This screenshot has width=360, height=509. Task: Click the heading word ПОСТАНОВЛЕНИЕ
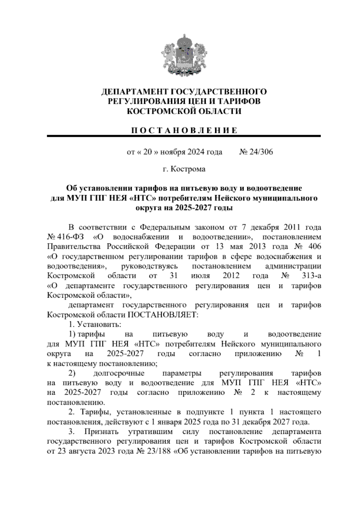[x=184, y=130]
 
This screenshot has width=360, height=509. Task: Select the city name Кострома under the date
[x=188, y=169]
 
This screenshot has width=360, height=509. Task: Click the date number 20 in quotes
[x=148, y=152]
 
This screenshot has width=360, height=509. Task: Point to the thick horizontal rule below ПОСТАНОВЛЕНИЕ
[x=184, y=136]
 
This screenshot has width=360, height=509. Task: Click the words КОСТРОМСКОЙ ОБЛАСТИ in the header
[x=184, y=111]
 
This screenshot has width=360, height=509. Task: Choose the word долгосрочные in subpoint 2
[x=119, y=373]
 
